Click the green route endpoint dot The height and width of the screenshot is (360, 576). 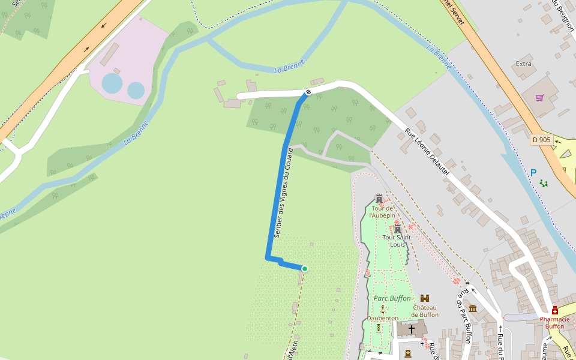pyautogui.click(x=305, y=269)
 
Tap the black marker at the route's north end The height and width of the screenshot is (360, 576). pyautogui.click(x=308, y=92)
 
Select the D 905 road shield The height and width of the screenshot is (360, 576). pyautogui.click(x=541, y=140)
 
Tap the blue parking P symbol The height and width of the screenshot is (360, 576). pyautogui.click(x=533, y=173)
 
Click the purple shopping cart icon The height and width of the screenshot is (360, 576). pyautogui.click(x=539, y=98)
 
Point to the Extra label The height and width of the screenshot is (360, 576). pyautogui.click(x=524, y=64)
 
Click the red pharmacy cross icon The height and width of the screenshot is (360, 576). pyautogui.click(x=555, y=310)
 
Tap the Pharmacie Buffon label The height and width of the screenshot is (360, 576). pyautogui.click(x=555, y=323)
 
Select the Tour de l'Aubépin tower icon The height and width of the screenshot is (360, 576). pyautogui.click(x=379, y=198)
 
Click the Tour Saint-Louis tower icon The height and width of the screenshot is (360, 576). pyautogui.click(x=397, y=229)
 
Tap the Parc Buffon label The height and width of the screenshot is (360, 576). pyautogui.click(x=392, y=298)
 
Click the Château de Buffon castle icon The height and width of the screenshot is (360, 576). pyautogui.click(x=425, y=298)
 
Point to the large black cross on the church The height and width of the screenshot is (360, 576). pyautogui.click(x=412, y=329)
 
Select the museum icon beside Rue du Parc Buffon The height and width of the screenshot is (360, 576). pyautogui.click(x=473, y=308)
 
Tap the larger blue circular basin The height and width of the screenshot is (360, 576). pyautogui.click(x=112, y=83)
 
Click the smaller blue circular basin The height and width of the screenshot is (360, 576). pyautogui.click(x=136, y=91)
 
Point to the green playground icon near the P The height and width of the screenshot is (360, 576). pyautogui.click(x=544, y=183)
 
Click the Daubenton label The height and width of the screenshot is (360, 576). pyautogui.click(x=383, y=318)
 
